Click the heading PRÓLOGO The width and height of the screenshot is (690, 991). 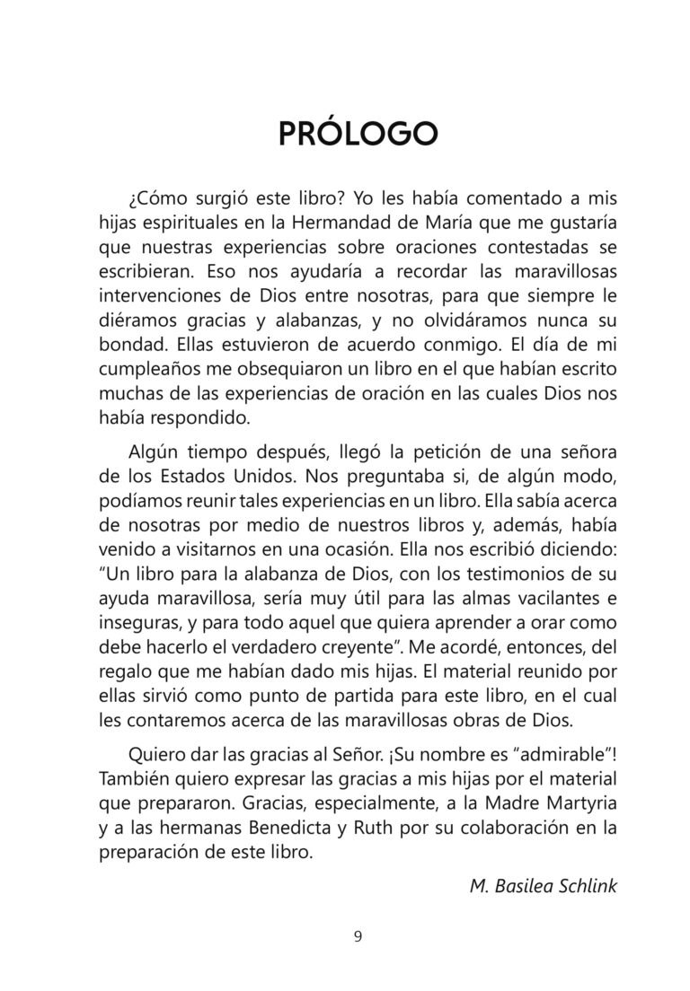coord(358,132)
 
